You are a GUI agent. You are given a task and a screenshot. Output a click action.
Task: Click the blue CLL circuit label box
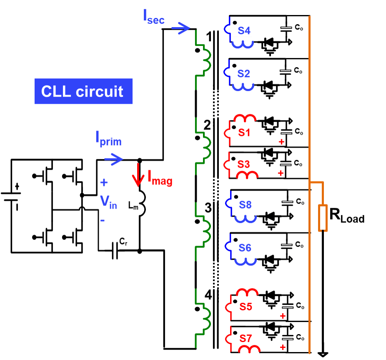pyautogui.click(x=83, y=91)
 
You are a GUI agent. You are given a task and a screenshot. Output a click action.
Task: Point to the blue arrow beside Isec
pyautogui.click(x=180, y=28)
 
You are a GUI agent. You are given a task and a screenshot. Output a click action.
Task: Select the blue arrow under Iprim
pyautogui.click(x=113, y=159)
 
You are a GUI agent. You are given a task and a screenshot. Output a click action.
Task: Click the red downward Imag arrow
pyautogui.click(x=138, y=175)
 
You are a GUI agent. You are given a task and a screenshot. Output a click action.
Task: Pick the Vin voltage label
pyautogui.click(x=108, y=202)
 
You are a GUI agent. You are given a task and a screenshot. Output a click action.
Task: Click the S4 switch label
pyautogui.click(x=244, y=30)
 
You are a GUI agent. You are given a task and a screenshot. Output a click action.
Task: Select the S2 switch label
pyautogui.click(x=244, y=74)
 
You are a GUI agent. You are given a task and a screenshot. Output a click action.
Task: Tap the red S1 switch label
pyautogui.click(x=244, y=133)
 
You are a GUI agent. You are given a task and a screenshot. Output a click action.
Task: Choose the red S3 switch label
pyautogui.click(x=244, y=164)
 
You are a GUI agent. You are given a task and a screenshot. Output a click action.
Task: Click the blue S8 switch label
pyautogui.click(x=245, y=205)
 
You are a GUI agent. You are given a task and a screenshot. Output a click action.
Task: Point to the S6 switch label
pyautogui.click(x=245, y=248)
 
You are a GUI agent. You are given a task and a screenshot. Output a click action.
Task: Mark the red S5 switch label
pyautogui.click(x=246, y=307)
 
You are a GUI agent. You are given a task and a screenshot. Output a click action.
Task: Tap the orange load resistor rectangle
pyautogui.click(x=322, y=217)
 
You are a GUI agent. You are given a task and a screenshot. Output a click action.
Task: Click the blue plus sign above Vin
pyautogui.click(x=104, y=183)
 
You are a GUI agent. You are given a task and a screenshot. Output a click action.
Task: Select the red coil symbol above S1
pyautogui.click(x=245, y=119)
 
